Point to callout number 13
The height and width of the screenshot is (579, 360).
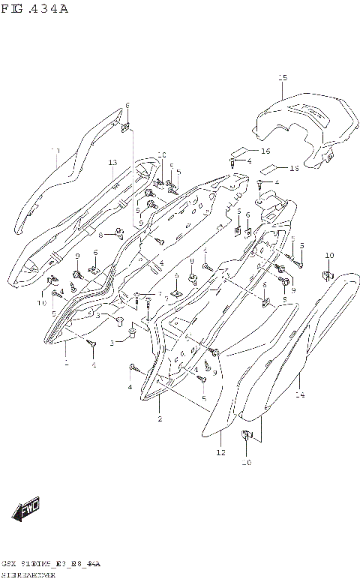112,163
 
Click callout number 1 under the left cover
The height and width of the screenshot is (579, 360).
66,363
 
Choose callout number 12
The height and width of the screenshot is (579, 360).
220,453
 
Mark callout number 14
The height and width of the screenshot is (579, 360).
299,394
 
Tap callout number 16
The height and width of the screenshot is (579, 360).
265,151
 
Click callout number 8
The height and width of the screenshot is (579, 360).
100,235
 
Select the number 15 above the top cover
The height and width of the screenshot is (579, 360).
283,78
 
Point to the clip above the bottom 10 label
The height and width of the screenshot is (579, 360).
245,436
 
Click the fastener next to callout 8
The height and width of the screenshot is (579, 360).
118,231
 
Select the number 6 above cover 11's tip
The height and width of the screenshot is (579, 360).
127,105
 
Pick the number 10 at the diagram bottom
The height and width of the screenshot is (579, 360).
245,463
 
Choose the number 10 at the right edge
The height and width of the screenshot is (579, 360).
328,256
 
